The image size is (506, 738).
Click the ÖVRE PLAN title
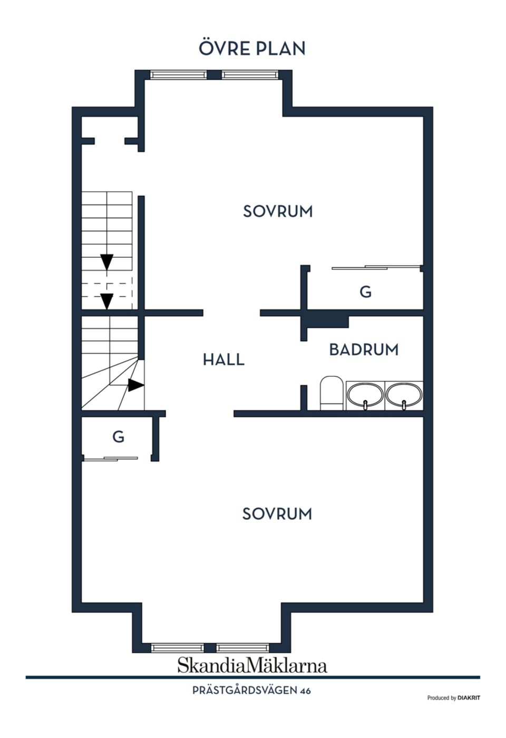pos(252,48)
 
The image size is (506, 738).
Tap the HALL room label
pos(223,360)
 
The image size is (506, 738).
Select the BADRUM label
pos(364,349)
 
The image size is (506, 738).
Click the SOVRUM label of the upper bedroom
pos(278,211)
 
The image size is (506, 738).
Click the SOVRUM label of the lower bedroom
pos(277,514)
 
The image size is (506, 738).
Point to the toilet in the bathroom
pos(332,393)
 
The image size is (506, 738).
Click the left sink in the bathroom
pos(365,395)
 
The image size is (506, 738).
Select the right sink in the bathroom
pos(404,395)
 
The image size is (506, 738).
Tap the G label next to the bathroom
pos(365,292)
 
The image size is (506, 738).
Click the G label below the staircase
pos(118,437)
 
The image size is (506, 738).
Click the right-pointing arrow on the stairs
pos(135,385)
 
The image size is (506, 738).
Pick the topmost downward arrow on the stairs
pos(107,261)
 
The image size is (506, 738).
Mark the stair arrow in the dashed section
pos(107,300)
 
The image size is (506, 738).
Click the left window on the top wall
pos(178,75)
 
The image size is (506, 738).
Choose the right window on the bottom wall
pos(242,647)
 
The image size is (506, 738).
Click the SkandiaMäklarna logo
pos(252,665)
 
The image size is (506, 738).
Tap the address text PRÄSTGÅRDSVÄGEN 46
pos(251,691)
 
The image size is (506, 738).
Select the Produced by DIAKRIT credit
pos(453,698)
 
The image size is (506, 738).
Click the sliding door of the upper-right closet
pos(375,268)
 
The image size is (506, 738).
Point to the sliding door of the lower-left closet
pos(111,459)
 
